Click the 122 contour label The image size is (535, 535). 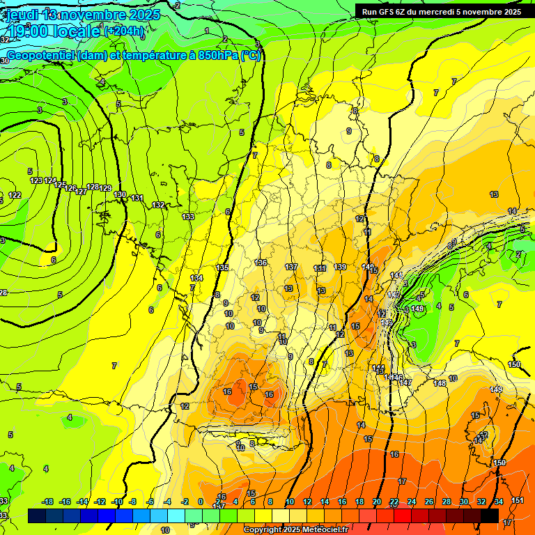(15, 195)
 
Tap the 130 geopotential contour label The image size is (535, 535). (120, 194)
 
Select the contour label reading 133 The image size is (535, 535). (188, 217)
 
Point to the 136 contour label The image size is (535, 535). (261, 263)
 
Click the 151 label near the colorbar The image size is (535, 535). (517, 500)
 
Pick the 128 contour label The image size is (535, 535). (93, 187)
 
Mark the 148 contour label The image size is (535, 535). (440, 383)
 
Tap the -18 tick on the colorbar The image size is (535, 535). (47, 502)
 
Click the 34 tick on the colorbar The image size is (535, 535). (499, 502)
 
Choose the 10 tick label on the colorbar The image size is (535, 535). (290, 502)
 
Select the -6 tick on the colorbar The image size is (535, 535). (150, 502)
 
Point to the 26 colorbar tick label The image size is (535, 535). (429, 502)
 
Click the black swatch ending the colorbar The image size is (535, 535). (490, 515)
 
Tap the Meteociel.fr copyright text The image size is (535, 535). (295, 529)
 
